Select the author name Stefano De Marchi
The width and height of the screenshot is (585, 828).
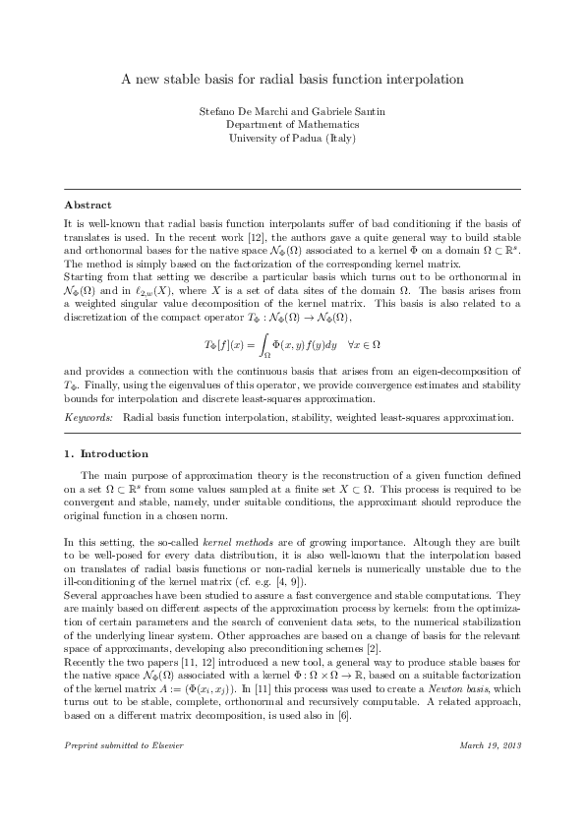(x=241, y=112)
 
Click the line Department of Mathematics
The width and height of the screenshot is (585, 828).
(x=292, y=125)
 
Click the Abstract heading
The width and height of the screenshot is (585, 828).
(x=88, y=205)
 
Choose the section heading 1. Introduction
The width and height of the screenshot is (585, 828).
(x=106, y=454)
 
